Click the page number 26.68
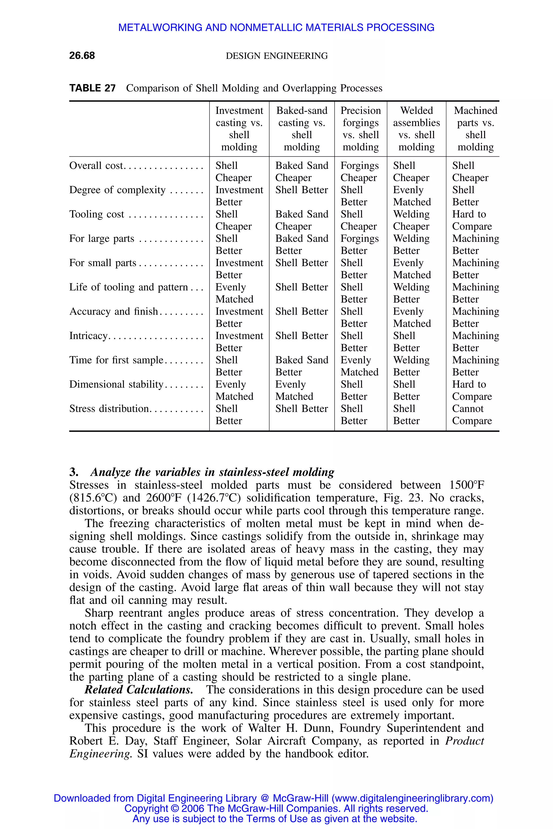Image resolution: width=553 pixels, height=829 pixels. pos(82,56)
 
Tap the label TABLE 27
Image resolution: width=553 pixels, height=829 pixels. pos(92,88)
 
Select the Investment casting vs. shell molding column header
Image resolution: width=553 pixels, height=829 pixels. pos(239,129)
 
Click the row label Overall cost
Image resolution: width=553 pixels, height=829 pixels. pos(96,166)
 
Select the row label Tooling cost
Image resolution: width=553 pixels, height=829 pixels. pos(97,214)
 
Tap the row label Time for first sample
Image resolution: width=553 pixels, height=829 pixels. pos(116,360)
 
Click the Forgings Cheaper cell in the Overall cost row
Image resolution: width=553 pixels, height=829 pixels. pos(359,172)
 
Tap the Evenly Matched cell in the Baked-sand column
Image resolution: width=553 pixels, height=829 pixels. pos(294,390)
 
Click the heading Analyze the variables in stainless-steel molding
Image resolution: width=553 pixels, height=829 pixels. pos(212,472)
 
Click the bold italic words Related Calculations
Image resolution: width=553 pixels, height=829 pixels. pos(139,690)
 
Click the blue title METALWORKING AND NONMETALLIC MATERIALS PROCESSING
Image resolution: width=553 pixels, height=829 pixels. pos(276,28)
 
